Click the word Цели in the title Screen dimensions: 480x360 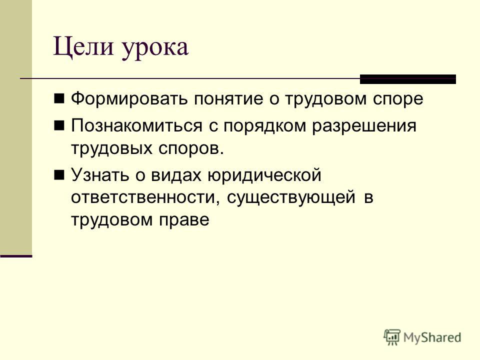(83, 47)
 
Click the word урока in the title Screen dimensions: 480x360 (154, 49)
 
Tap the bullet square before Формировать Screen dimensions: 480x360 (59, 98)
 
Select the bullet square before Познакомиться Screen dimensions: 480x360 (59, 125)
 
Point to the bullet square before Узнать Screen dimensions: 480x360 (59, 175)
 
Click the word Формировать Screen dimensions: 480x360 (129, 99)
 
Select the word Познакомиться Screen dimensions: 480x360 (136, 126)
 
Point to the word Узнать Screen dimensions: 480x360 (100, 175)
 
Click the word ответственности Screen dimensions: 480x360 (145, 198)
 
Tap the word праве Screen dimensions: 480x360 (183, 220)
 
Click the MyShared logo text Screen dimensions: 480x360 (432, 338)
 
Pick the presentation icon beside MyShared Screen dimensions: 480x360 (392, 337)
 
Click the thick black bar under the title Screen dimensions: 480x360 (408, 79)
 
